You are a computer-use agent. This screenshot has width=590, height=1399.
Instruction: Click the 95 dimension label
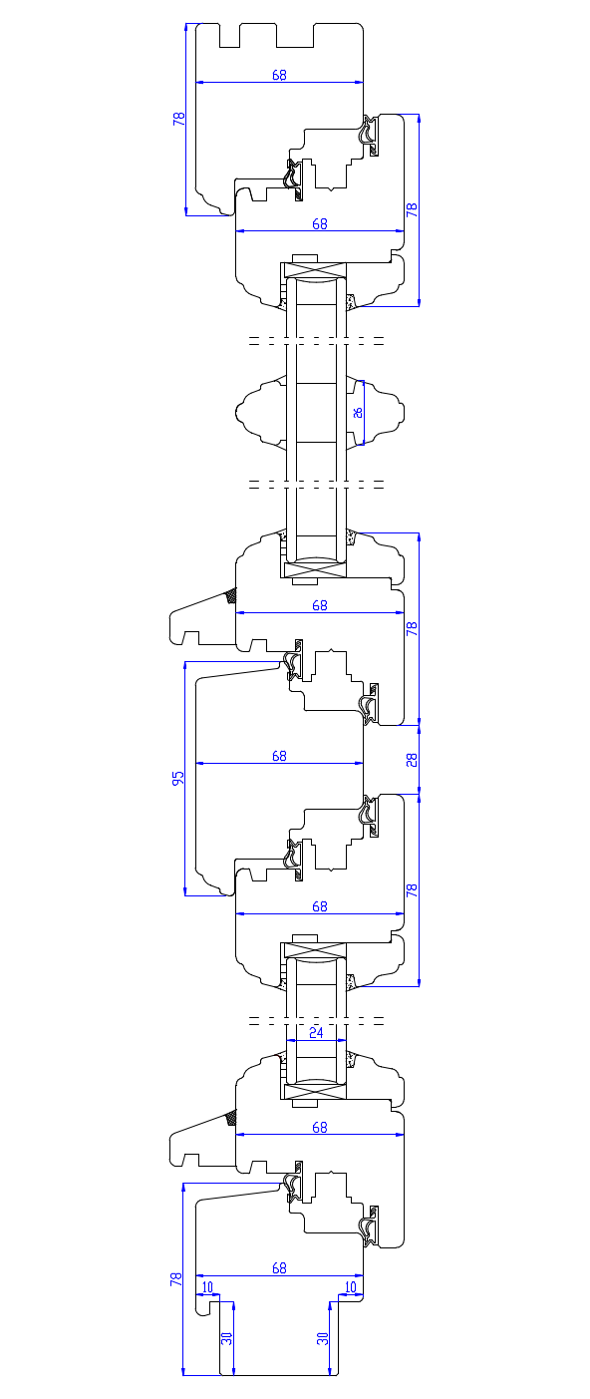point(178,778)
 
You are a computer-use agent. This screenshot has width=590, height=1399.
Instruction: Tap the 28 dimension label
point(412,760)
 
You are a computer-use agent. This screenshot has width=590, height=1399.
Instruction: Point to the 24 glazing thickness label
point(317,1032)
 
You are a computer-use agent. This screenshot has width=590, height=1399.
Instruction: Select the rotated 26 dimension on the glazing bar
point(358,412)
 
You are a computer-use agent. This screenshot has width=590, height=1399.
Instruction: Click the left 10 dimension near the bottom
point(207,1287)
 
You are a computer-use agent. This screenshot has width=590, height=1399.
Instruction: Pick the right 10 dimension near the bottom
point(351,1287)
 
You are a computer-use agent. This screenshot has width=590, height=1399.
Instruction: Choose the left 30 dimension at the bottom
point(227,1338)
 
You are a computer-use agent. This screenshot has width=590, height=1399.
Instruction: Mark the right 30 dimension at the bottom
point(323,1338)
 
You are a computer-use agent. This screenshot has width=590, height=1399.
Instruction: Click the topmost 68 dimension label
point(279,75)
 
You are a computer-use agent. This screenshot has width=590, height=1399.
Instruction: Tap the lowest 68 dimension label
point(279,1268)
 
